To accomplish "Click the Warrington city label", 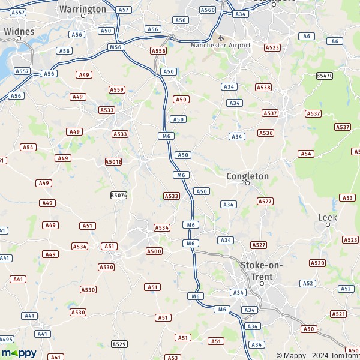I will point(83,9).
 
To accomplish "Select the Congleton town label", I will point(247,176).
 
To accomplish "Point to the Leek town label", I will point(328,217).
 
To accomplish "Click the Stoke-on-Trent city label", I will point(262,271).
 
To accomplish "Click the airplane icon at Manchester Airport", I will point(220,37).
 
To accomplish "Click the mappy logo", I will point(19,353).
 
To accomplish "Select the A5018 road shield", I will point(113,161).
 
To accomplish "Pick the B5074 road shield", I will point(119,195).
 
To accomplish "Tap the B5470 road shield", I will point(324,75).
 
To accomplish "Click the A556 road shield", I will point(158,51).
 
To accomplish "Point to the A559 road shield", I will point(116,89).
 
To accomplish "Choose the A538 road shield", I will point(263,87).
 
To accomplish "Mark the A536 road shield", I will point(266,133).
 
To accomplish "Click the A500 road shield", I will point(154,251).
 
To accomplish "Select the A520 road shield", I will point(317,263).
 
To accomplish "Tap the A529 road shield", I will point(119,344).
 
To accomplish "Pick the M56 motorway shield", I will point(115,46).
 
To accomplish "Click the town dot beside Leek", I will point(328,225).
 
